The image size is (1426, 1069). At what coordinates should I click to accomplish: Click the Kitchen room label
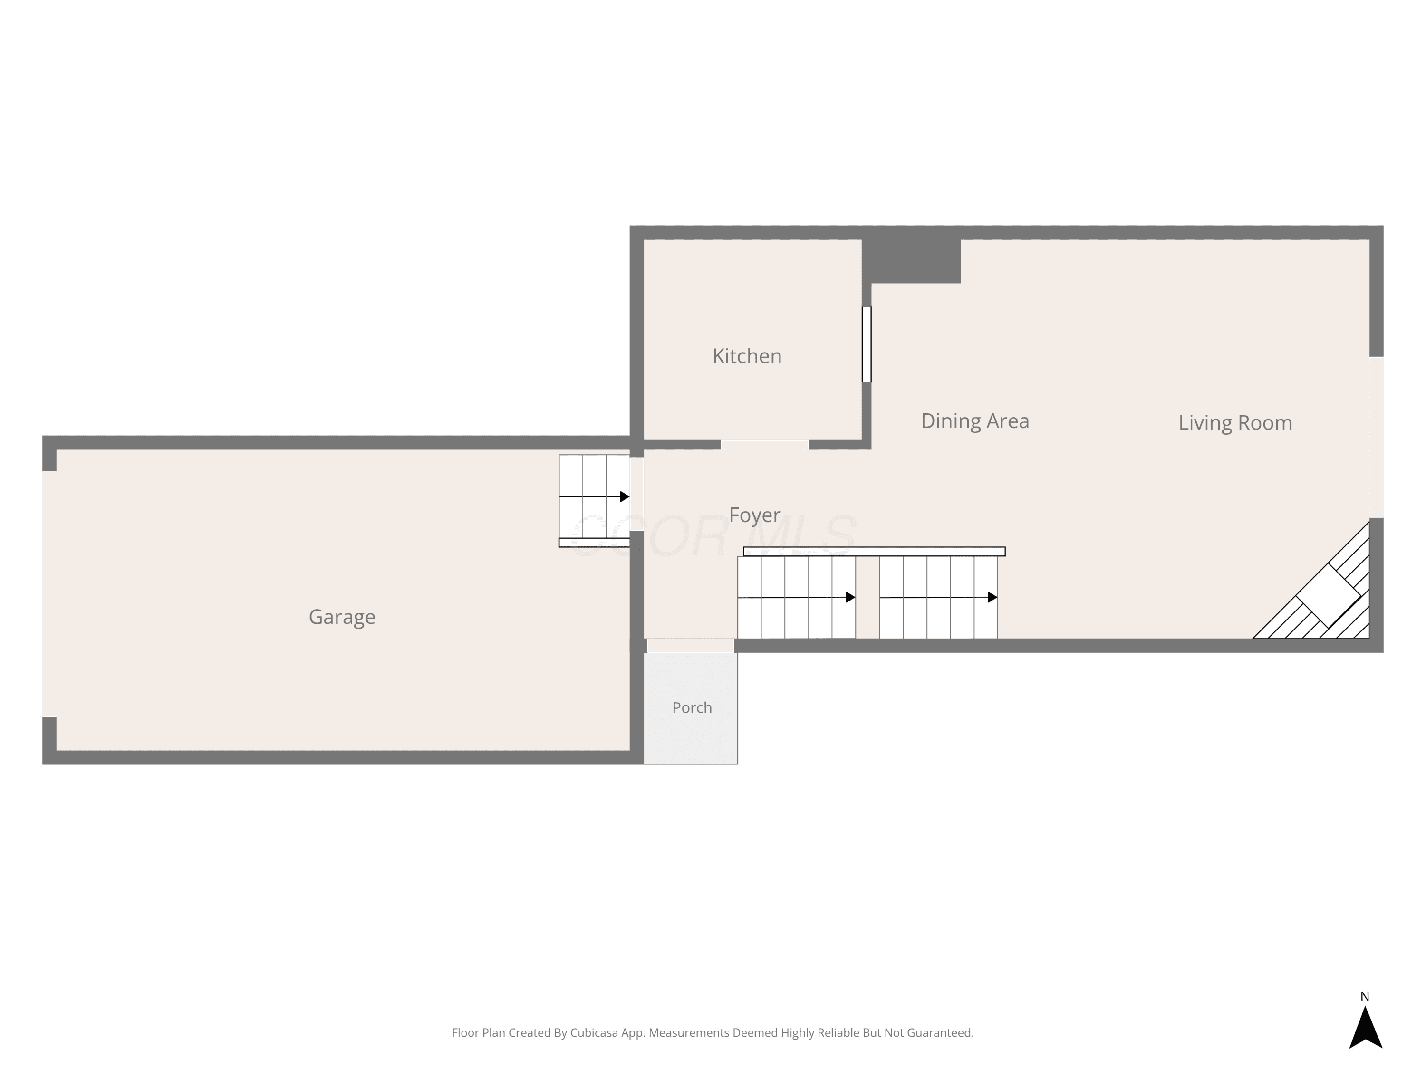coord(747,356)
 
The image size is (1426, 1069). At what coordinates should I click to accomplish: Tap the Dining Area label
coord(975,421)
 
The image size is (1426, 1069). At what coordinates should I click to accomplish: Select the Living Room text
coord(1235,423)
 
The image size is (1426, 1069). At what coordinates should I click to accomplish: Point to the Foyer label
coord(754,515)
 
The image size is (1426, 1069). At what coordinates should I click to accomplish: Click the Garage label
coord(342,617)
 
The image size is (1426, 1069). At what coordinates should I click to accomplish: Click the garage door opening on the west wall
coord(49,594)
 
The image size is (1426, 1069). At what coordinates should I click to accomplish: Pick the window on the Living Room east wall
coord(1377,438)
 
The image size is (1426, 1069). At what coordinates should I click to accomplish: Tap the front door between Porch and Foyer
coord(691,646)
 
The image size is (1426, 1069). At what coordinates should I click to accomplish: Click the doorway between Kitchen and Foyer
coord(764,445)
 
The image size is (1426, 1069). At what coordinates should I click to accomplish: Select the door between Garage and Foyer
coord(636,494)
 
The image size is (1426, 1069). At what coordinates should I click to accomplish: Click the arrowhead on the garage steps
coord(625,497)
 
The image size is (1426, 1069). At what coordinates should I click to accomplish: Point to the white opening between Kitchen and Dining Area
coord(867,344)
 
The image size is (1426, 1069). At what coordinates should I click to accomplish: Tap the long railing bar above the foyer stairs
coord(874,552)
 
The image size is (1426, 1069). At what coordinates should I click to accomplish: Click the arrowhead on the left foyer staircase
coord(851,597)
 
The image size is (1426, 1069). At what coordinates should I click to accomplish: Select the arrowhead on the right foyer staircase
coord(993,597)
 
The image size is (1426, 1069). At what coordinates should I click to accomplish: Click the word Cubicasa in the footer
coord(595,1033)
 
